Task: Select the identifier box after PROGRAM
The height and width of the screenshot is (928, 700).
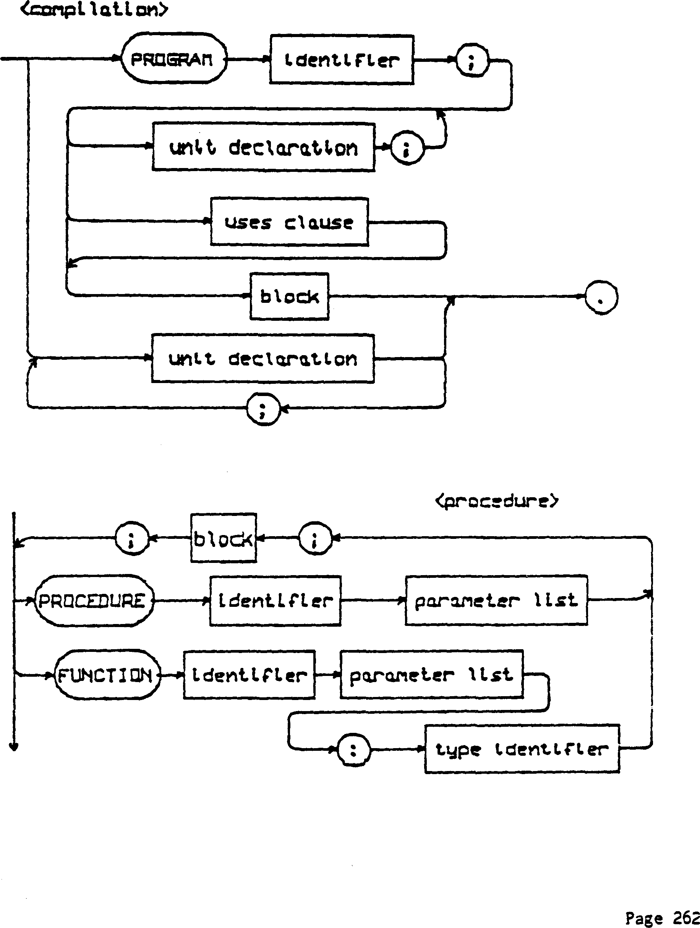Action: tap(342, 60)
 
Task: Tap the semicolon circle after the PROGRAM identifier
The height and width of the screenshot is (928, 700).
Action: tap(472, 60)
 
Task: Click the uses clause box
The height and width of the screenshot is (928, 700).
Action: tap(289, 221)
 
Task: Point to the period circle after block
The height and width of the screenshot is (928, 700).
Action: tap(601, 297)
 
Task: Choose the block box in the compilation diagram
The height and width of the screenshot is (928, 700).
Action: tap(289, 297)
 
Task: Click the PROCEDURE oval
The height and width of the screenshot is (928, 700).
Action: tap(93, 601)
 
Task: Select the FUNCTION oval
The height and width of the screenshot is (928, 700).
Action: tap(107, 675)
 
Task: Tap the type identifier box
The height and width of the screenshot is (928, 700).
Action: tap(522, 749)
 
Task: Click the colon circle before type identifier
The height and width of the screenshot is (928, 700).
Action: tap(353, 750)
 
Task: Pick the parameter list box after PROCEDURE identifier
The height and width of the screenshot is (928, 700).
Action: tap(496, 600)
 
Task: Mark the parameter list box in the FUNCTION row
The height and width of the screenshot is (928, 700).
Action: tap(431, 674)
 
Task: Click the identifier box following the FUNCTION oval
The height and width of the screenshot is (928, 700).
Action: tap(249, 674)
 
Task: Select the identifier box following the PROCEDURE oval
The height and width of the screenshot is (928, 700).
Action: tap(275, 601)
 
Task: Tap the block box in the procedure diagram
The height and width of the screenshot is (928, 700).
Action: tap(223, 538)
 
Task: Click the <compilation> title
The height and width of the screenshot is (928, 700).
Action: tap(94, 9)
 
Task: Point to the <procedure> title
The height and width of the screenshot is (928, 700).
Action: tap(497, 501)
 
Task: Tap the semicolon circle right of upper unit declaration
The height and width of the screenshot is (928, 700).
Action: tap(407, 149)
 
